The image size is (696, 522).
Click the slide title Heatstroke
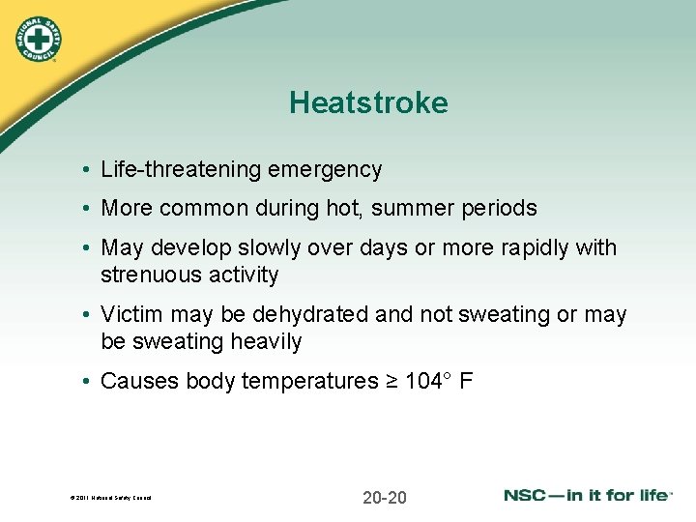[x=368, y=103]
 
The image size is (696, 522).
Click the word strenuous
[x=143, y=275]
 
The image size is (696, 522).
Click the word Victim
[x=130, y=315]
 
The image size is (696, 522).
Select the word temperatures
[x=309, y=382]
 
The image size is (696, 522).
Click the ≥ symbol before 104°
[x=391, y=382]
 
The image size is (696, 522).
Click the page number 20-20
[x=384, y=498]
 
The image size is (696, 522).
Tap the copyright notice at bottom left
[x=109, y=499]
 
